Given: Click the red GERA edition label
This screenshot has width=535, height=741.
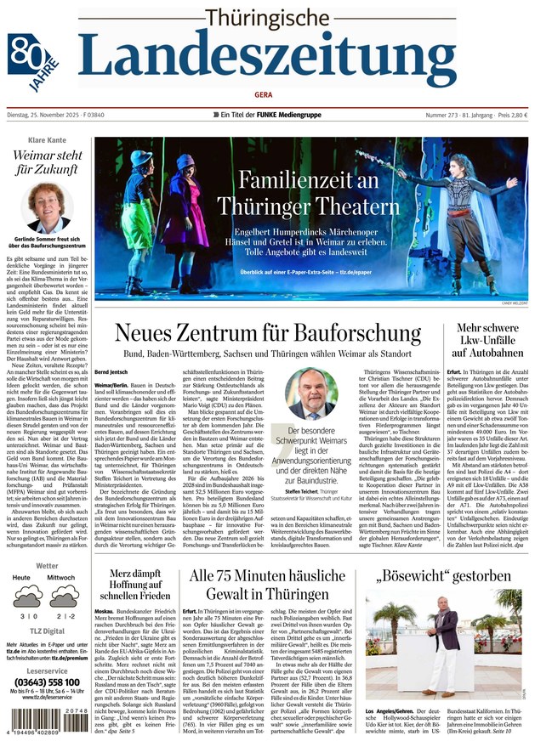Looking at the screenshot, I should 267,94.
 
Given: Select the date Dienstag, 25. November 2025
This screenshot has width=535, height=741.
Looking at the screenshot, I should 54,115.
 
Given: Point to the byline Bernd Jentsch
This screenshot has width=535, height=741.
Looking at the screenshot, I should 111,372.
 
